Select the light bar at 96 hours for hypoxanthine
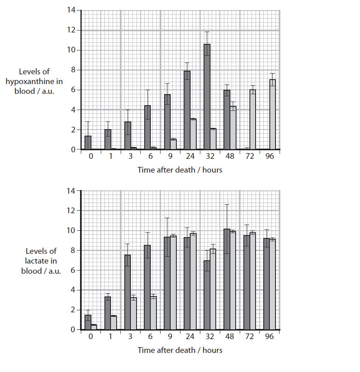coord(273,115)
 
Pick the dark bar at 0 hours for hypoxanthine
coord(88,143)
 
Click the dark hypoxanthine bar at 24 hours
coord(187,110)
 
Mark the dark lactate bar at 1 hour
coord(108,313)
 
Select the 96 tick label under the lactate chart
coord(269,337)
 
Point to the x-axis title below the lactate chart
coord(180,350)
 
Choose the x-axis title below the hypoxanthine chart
coord(180,170)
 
